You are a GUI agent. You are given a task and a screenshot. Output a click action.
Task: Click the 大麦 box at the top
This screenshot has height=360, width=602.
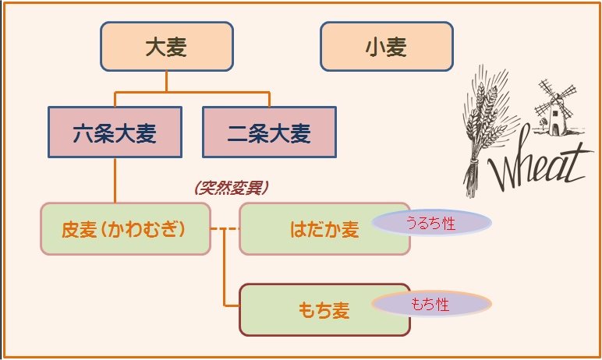[167, 46]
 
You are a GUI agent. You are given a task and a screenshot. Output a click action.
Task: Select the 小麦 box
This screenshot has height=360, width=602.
[386, 46]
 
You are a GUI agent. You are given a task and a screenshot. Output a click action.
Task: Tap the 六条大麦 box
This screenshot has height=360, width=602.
[115, 132]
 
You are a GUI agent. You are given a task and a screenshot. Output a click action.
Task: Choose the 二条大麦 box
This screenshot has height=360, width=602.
[269, 132]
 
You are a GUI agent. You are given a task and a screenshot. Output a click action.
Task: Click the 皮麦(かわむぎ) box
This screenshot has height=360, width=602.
[125, 229]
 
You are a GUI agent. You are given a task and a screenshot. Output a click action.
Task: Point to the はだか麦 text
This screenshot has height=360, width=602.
[324, 230]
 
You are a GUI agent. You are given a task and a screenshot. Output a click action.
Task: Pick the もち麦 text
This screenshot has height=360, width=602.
[323, 310]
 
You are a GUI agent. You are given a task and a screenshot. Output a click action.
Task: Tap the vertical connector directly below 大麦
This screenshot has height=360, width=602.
[167, 81]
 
